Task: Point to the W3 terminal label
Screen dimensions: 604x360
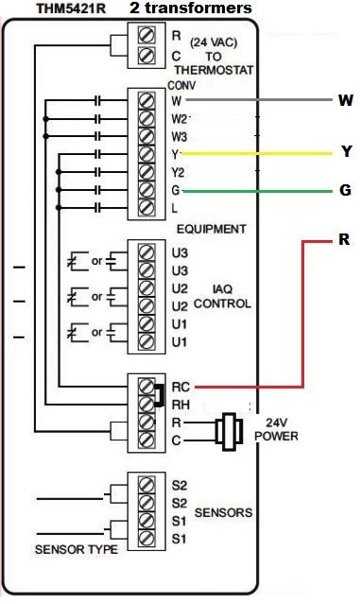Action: pyautogui.click(x=180, y=136)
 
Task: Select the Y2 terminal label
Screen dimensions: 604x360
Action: pyautogui.click(x=178, y=172)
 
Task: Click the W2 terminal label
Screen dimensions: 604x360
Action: pyautogui.click(x=180, y=118)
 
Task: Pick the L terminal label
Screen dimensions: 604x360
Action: pyautogui.click(x=174, y=208)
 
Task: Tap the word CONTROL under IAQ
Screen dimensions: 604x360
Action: pyautogui.click(x=220, y=304)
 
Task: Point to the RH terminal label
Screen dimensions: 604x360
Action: pyautogui.click(x=180, y=404)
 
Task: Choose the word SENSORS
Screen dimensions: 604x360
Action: pyautogui.click(x=223, y=512)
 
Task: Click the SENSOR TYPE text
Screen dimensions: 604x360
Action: pyautogui.click(x=77, y=549)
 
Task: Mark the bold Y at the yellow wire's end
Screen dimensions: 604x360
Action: pyautogui.click(x=345, y=152)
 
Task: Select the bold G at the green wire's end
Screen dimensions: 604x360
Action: pyautogui.click(x=344, y=190)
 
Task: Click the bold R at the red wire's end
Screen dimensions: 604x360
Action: pyautogui.click(x=344, y=240)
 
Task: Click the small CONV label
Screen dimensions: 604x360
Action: pyautogui.click(x=180, y=85)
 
